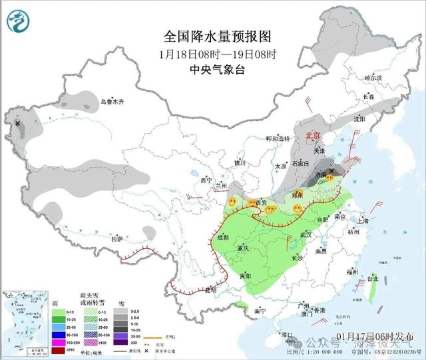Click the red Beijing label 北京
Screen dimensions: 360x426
(312, 136)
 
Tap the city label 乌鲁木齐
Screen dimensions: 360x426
(112, 102)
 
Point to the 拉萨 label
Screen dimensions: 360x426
(117, 238)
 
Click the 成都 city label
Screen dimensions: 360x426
(222, 237)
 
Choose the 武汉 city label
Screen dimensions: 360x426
(306, 235)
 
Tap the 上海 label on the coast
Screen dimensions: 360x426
(362, 220)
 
